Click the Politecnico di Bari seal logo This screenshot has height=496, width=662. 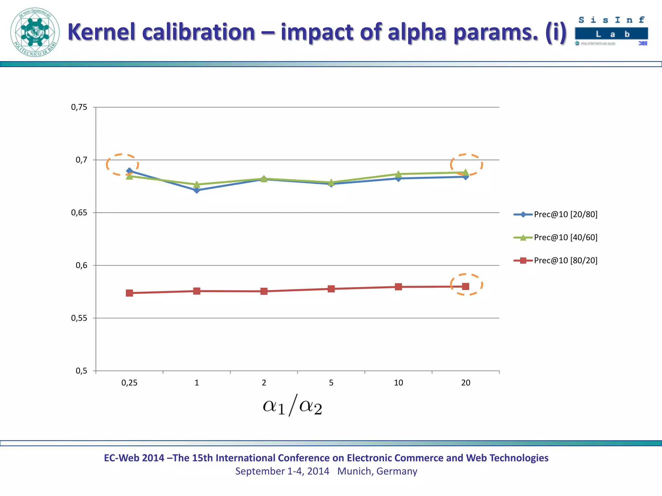[x=35, y=32]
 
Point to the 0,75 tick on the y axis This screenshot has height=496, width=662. [x=79, y=107]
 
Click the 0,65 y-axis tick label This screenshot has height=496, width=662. [x=79, y=212]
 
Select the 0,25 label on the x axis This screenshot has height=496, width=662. [x=129, y=383]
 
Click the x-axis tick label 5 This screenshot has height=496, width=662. [x=331, y=383]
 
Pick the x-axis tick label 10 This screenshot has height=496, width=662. [x=398, y=383]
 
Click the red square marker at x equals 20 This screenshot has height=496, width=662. [x=465, y=286]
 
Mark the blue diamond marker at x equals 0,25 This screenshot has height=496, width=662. [x=129, y=171]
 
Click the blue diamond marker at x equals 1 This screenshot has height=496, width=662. [x=197, y=190]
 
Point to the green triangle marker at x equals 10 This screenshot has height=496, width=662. [x=398, y=174]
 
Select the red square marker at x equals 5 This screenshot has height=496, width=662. [x=331, y=289]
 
